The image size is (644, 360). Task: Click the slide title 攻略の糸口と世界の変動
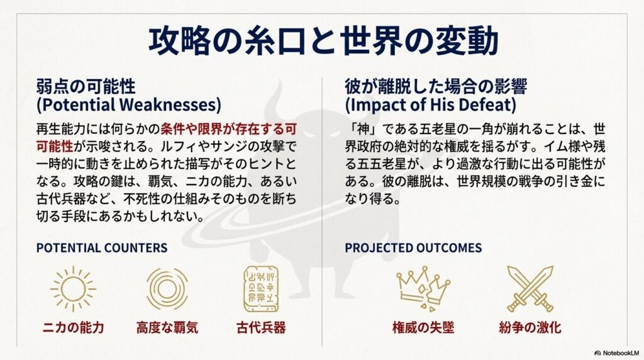pos(322,40)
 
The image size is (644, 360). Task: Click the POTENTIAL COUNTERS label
pos(102,247)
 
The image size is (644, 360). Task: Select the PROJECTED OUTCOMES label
pos(413,247)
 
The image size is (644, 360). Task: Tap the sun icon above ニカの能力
pos(73,289)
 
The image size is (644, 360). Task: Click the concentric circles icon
pos(167,289)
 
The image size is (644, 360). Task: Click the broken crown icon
pos(423,289)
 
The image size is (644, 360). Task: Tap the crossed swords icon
pos(530,289)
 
